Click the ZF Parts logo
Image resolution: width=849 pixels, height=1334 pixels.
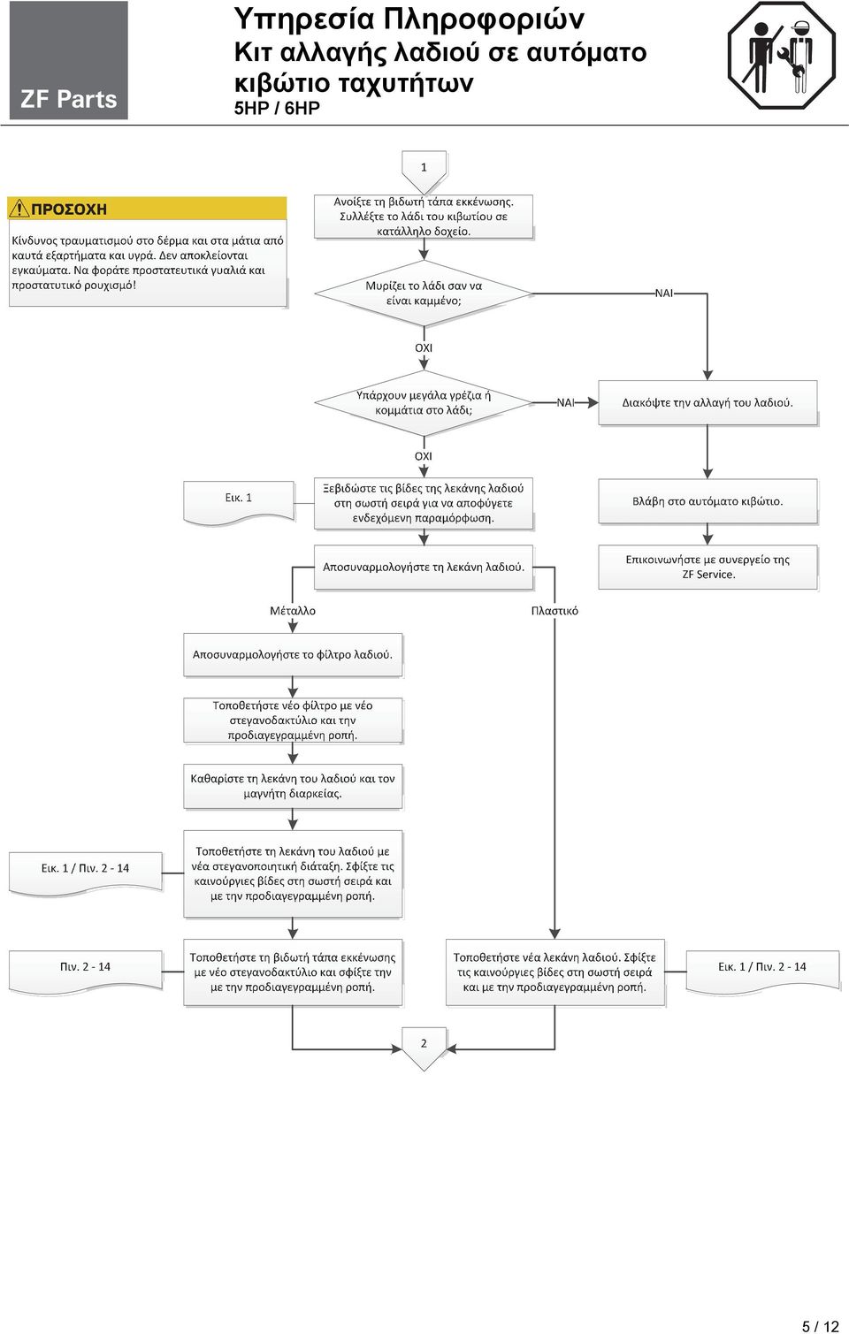tap(68, 59)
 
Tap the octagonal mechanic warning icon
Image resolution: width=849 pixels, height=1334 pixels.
tap(781, 56)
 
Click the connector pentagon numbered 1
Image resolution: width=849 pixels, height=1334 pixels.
tap(424, 172)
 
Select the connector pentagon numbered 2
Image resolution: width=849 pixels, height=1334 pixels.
tap(424, 1048)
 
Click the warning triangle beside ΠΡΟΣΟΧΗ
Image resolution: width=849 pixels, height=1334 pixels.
tap(19, 209)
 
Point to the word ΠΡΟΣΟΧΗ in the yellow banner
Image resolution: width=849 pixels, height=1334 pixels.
tap(69, 209)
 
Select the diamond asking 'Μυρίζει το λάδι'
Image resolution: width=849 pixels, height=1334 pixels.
tap(424, 293)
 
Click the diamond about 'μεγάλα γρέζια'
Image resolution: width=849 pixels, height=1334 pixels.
tap(424, 402)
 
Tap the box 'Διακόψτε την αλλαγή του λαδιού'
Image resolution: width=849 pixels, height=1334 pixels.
tap(707, 402)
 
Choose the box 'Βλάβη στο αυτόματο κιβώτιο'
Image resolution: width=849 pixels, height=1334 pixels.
tap(707, 501)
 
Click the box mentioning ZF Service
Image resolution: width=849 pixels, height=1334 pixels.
tap(707, 567)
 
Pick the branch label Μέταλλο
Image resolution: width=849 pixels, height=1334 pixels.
tap(293, 611)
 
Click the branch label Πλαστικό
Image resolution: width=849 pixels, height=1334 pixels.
tap(555, 611)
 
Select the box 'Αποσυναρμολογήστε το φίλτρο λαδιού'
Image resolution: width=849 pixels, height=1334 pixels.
tap(293, 654)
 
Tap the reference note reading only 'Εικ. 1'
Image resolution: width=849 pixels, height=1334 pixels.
tap(238, 502)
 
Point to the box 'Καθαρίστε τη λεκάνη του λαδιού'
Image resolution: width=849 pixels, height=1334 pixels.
tap(293, 786)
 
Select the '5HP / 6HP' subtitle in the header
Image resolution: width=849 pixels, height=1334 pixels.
tap(277, 108)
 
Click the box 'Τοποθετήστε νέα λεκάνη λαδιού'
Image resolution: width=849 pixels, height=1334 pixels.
tap(555, 972)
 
